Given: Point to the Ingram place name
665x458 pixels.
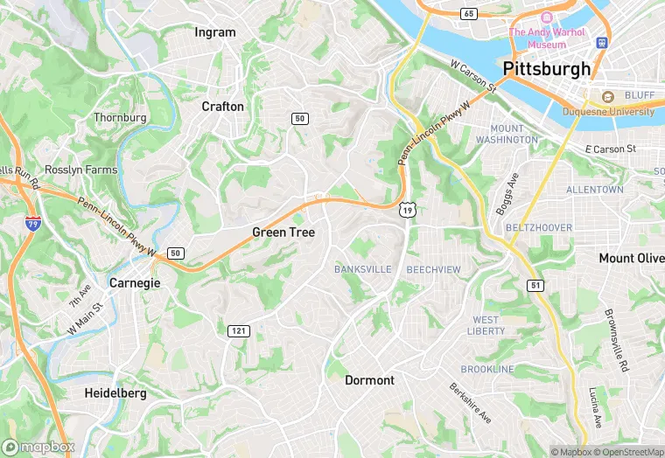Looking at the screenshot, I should [215, 32].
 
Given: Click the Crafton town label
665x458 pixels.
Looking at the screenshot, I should [222, 106].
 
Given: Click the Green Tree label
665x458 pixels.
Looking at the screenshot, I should [283, 232].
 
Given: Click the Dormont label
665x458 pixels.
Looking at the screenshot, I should [369, 380].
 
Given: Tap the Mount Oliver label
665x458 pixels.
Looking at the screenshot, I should [631, 258].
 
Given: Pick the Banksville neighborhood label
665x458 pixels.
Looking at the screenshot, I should [362, 269].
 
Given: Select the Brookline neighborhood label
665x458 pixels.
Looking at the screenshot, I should [487, 369].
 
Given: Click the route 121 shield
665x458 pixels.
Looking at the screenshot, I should [238, 330].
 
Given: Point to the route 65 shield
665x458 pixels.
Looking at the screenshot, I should [469, 14].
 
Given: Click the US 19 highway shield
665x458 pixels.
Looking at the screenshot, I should [407, 208].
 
